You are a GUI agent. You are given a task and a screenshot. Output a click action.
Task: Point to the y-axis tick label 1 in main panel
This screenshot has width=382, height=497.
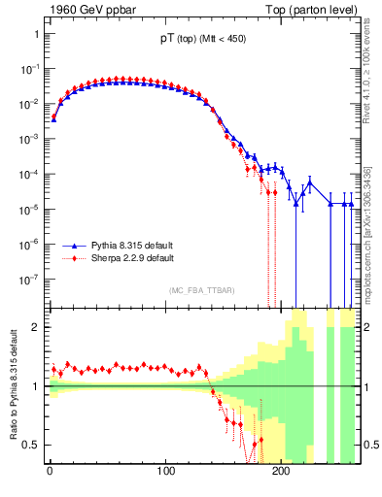point(34,35)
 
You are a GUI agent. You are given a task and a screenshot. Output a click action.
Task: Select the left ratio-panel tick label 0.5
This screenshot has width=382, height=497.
point(30,446)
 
